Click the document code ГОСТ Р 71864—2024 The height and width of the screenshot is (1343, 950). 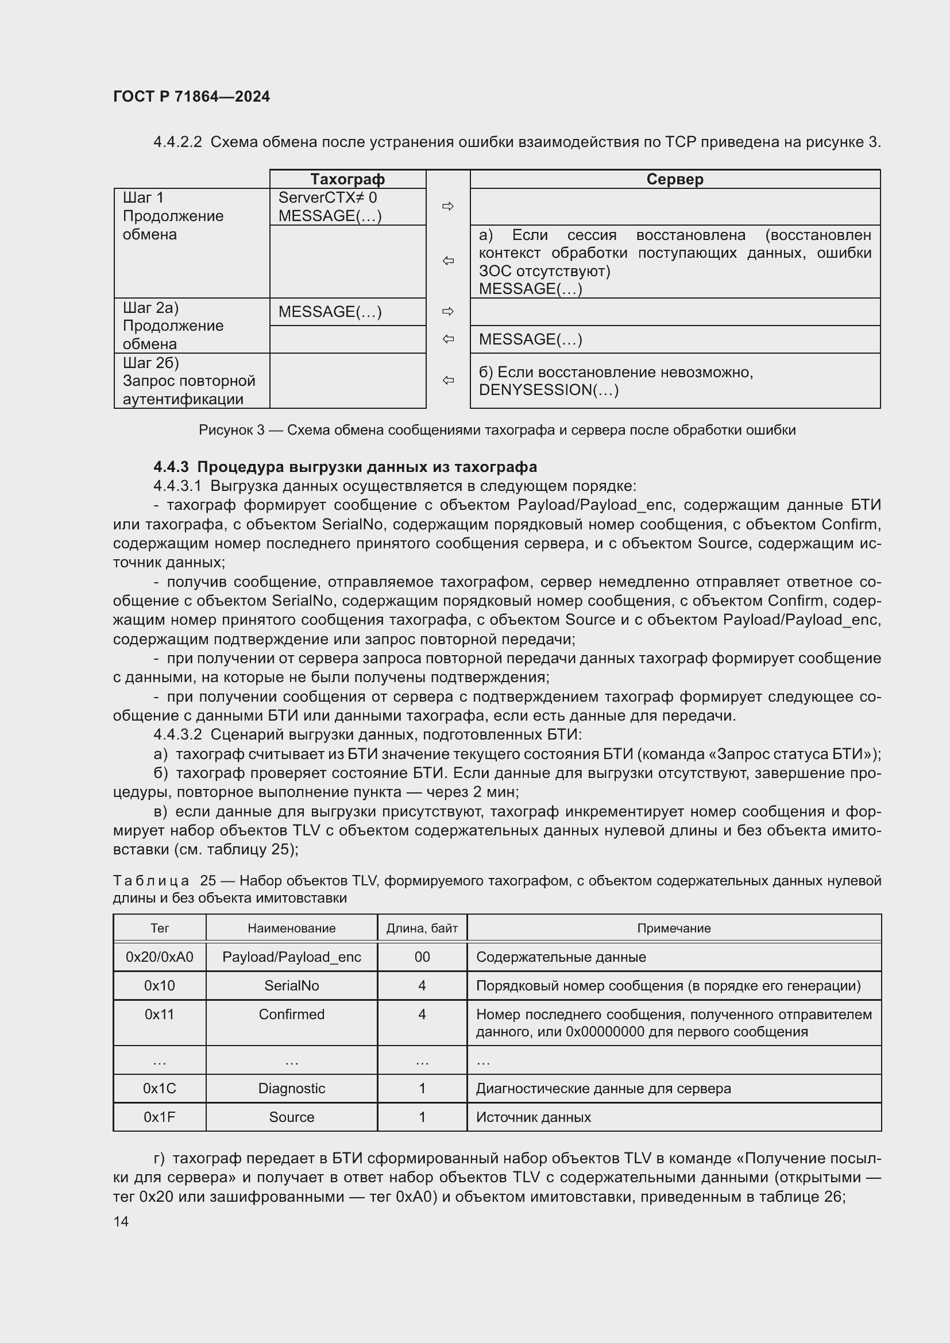[x=191, y=96]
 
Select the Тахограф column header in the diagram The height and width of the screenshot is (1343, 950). [x=347, y=179]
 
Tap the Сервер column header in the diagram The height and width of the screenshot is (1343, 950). [x=674, y=179]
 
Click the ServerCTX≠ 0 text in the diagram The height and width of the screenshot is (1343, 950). [x=327, y=198]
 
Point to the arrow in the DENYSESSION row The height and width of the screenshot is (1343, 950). [x=448, y=381]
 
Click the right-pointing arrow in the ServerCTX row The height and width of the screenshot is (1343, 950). [x=448, y=206]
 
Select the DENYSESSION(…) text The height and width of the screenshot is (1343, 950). [x=548, y=390]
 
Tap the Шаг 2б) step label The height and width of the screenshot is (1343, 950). [x=150, y=363]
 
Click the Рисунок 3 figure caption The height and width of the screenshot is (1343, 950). [x=497, y=430]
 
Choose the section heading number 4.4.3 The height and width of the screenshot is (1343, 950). [x=171, y=467]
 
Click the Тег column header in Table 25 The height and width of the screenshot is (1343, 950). [x=159, y=928]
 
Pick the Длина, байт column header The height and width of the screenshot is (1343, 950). [x=422, y=928]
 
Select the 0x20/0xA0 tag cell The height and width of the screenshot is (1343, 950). [x=159, y=957]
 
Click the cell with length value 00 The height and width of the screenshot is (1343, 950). [x=422, y=957]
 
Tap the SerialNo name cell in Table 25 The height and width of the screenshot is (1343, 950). [x=291, y=986]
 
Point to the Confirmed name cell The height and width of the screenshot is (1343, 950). [x=291, y=1014]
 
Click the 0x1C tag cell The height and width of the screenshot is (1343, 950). [x=159, y=1089]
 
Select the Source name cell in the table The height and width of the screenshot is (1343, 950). [x=291, y=1117]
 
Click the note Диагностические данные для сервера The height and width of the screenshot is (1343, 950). [x=603, y=1089]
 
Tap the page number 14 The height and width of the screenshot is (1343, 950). [x=121, y=1221]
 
